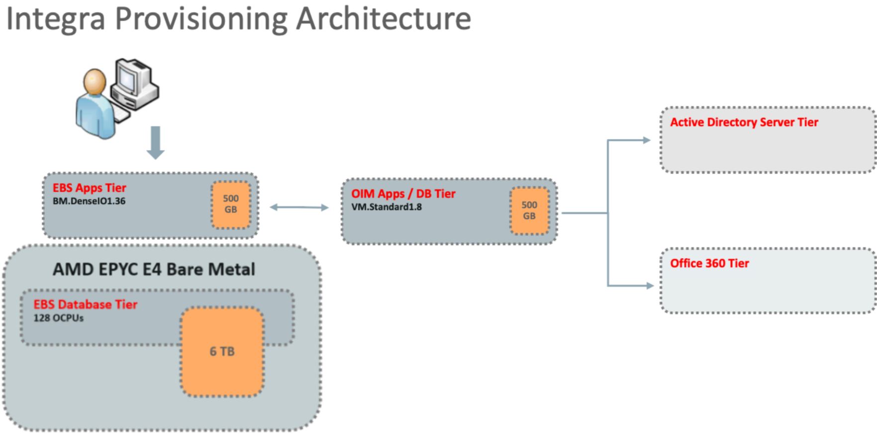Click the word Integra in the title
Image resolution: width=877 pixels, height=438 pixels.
[x=55, y=19]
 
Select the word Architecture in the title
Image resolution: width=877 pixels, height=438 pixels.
[x=383, y=19]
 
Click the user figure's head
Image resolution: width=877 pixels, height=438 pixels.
[x=95, y=81]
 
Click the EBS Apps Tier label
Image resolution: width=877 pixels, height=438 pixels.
[x=90, y=188]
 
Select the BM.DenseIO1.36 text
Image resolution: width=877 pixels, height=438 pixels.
[x=89, y=201]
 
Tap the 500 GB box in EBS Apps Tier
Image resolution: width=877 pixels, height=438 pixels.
[x=231, y=204]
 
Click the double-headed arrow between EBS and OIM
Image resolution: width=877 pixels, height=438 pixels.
[x=299, y=207]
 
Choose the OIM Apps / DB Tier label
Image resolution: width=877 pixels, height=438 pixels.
[x=403, y=194]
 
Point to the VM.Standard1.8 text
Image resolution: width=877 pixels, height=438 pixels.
[x=387, y=207]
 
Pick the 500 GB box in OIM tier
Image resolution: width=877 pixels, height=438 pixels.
[x=529, y=210]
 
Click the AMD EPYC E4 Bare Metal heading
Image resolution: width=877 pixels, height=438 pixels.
[x=154, y=269]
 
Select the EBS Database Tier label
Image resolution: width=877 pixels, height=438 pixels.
[x=85, y=304]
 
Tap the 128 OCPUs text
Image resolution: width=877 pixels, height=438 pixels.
[x=58, y=318]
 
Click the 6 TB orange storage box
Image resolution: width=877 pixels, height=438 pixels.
[x=222, y=351]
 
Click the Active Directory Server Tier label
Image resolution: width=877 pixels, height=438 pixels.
[x=744, y=122]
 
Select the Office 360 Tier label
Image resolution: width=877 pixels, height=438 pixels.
[x=709, y=263]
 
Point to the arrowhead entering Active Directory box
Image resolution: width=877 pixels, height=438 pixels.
[x=647, y=140]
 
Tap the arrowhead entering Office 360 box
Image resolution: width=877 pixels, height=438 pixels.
[x=650, y=286]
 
